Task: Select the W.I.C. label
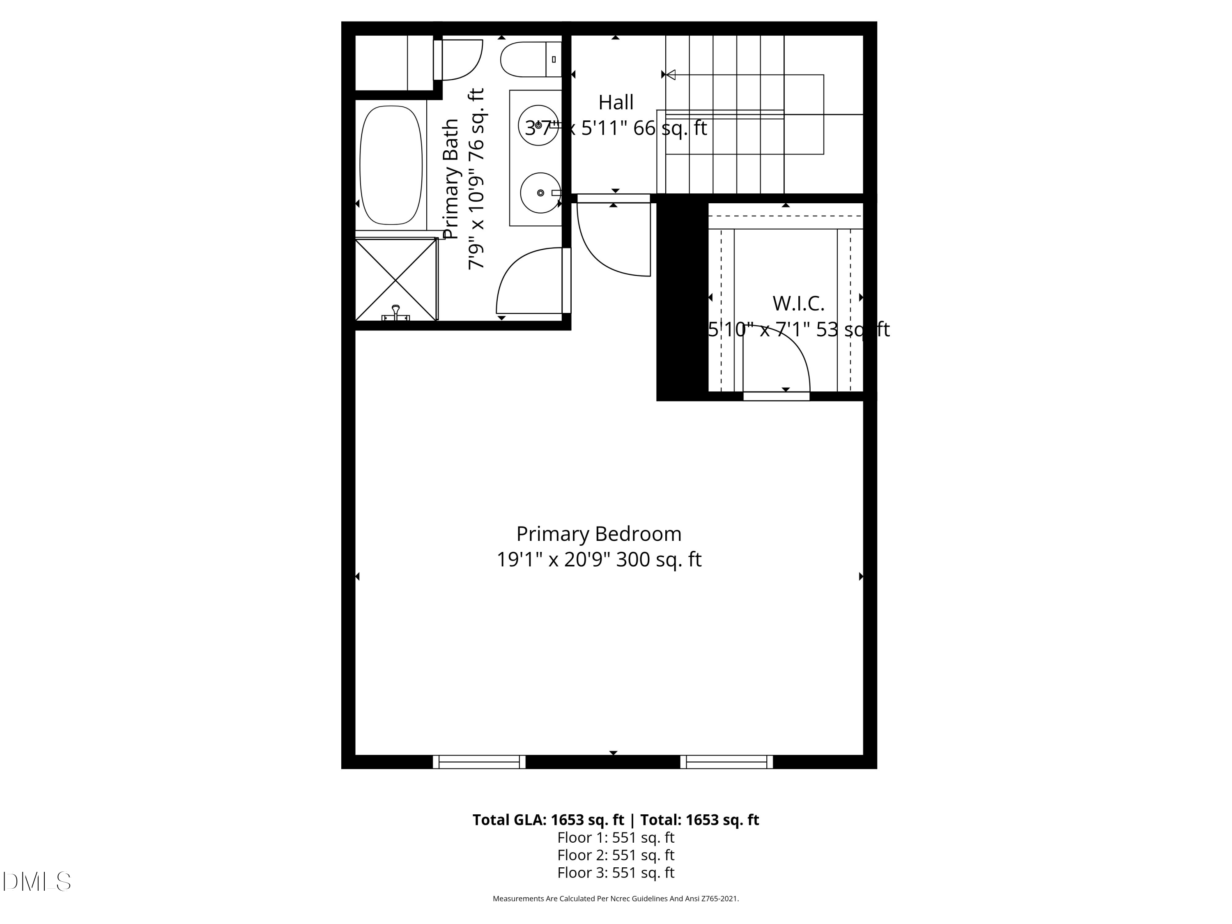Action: tap(798, 303)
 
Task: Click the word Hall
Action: tap(616, 103)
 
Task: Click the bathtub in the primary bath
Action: tap(391, 165)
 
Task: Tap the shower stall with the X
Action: tap(396, 279)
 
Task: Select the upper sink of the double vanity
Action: tap(538, 125)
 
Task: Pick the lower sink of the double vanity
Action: tap(540, 193)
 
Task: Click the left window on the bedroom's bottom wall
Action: tap(479, 761)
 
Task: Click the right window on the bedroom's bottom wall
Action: tap(726, 761)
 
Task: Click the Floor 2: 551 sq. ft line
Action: tap(616, 855)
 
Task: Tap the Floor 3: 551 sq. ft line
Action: tap(616, 872)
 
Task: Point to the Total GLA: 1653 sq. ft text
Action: tap(548, 820)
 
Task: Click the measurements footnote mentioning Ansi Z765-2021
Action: tap(616, 899)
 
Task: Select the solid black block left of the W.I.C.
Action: tap(682, 301)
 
